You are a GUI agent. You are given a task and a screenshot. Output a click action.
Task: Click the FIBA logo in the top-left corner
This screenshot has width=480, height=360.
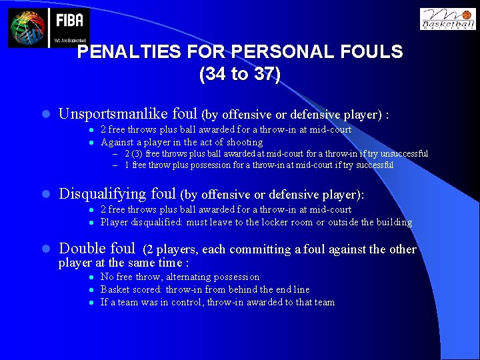49,27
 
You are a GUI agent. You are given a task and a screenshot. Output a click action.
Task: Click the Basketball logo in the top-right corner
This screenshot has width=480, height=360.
447,19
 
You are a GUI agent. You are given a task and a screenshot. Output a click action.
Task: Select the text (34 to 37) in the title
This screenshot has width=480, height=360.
239,74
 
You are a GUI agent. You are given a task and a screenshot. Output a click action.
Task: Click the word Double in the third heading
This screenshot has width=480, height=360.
82,249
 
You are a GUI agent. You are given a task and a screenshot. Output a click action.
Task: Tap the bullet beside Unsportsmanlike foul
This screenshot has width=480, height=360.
45,115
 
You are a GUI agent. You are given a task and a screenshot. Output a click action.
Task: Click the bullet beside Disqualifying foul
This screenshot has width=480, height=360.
45,195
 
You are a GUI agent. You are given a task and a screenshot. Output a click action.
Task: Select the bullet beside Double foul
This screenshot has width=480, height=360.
45,249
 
